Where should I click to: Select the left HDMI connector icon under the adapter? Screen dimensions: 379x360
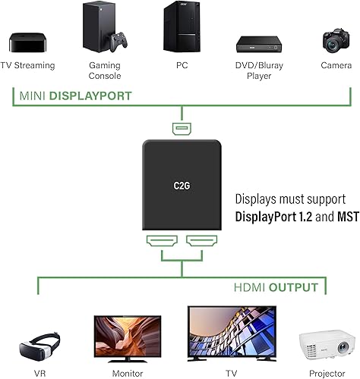(161, 243)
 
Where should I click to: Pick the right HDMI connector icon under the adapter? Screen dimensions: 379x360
(200, 243)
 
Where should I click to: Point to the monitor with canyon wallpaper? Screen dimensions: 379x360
(118, 335)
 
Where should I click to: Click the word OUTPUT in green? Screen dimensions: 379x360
(298, 288)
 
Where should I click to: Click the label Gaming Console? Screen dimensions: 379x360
(105, 71)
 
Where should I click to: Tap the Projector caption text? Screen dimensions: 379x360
(327, 373)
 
